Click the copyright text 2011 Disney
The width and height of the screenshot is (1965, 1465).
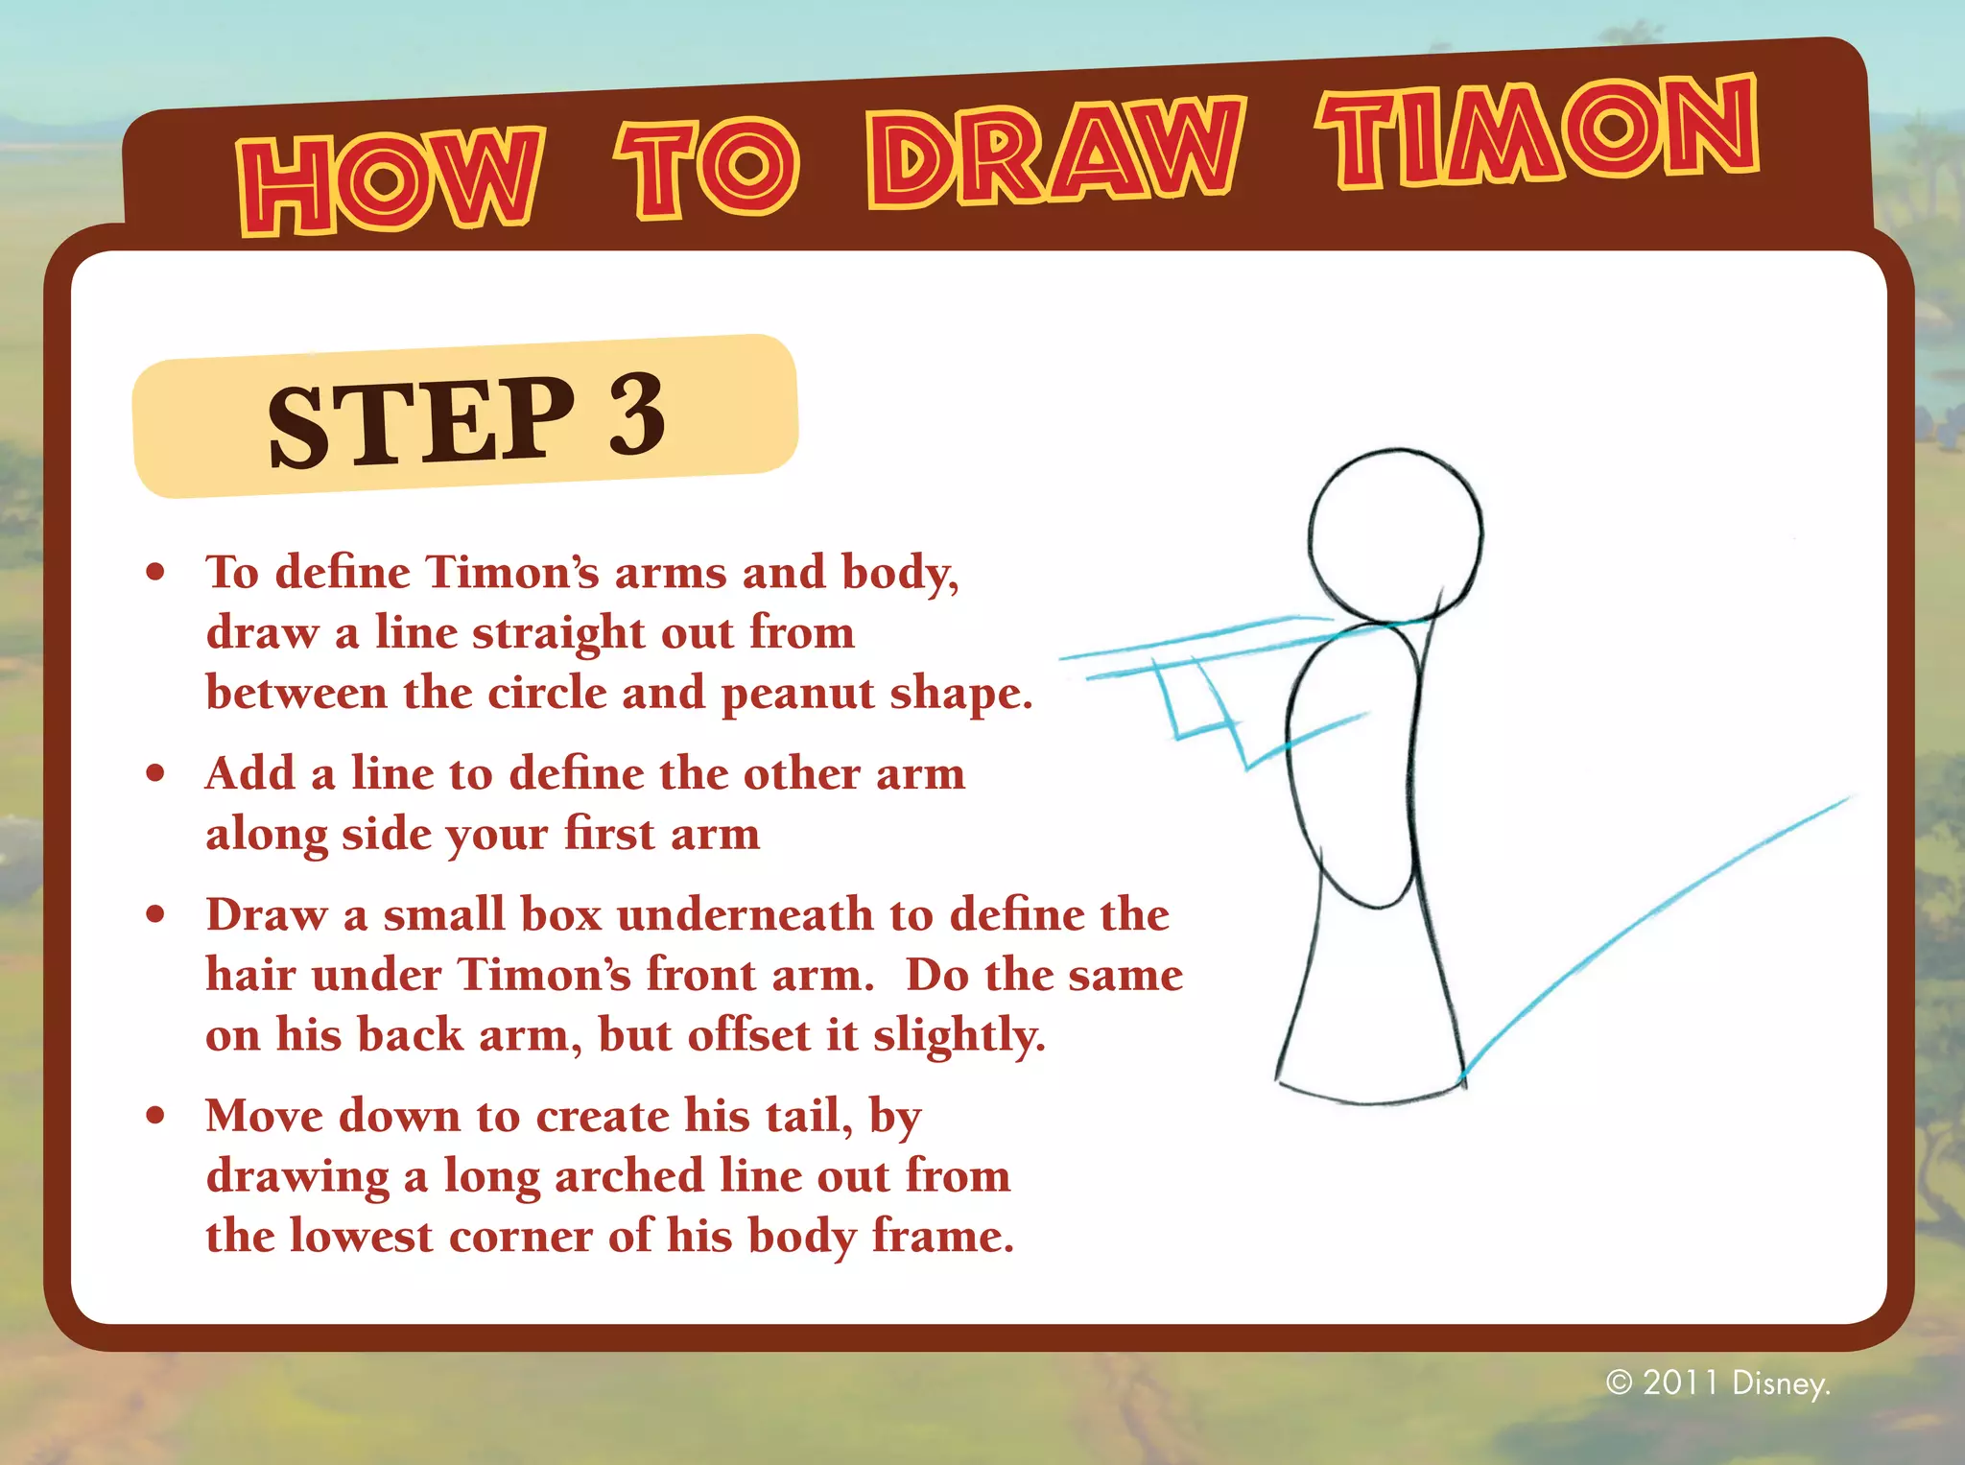coord(1717,1382)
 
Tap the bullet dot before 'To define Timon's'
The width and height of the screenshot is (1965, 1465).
coord(155,573)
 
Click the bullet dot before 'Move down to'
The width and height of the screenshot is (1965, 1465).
coord(155,1116)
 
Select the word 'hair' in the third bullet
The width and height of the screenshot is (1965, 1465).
coord(250,975)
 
